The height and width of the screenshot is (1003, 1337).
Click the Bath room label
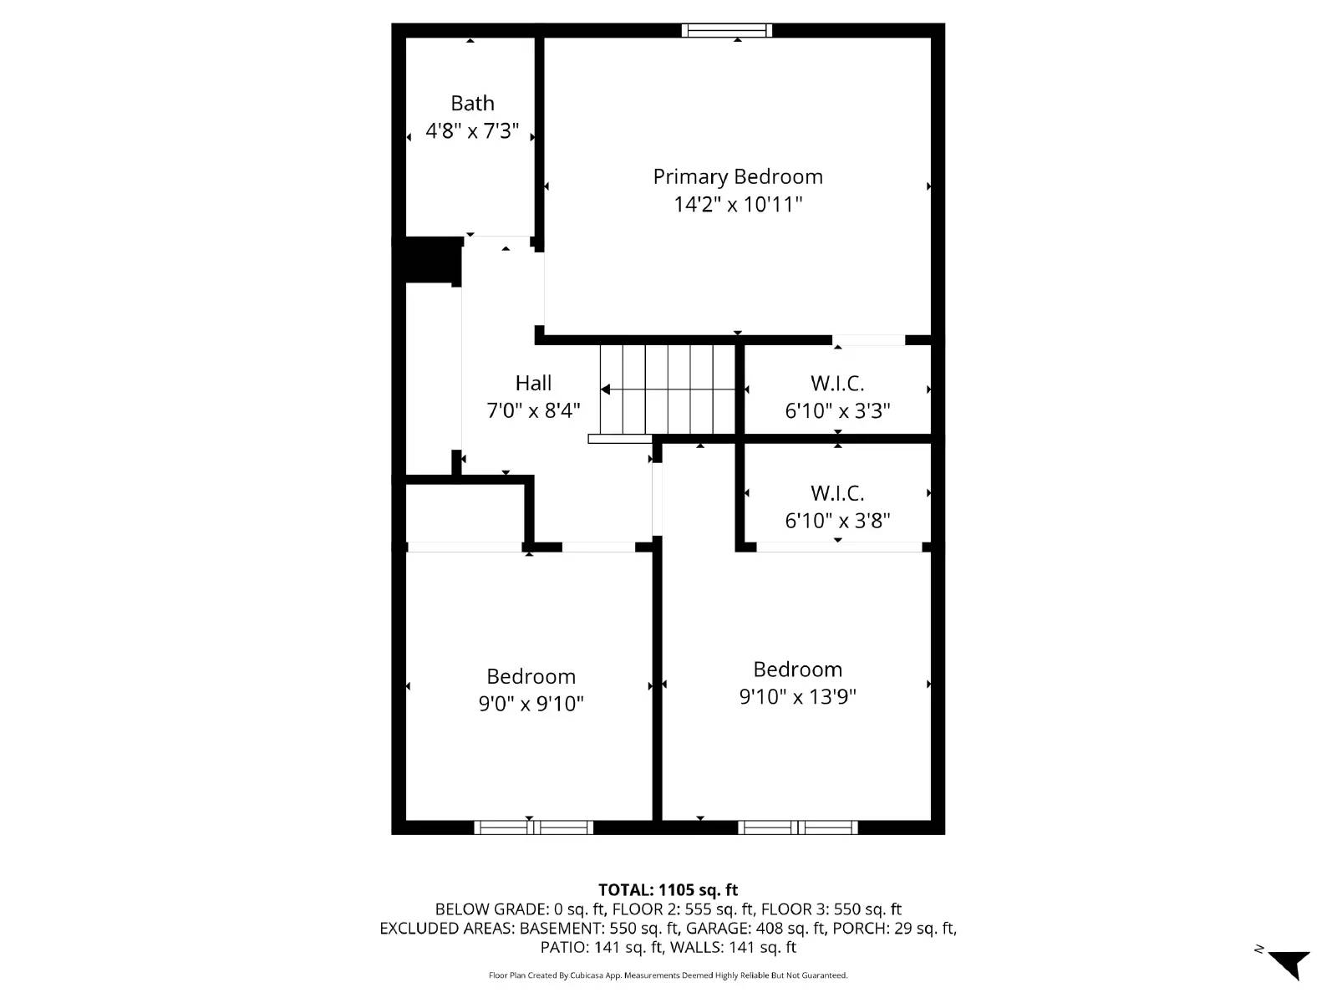(x=472, y=104)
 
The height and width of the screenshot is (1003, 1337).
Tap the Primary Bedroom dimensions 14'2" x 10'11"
(x=738, y=204)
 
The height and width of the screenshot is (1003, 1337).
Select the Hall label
(x=533, y=383)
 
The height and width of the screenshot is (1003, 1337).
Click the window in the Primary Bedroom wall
(x=726, y=31)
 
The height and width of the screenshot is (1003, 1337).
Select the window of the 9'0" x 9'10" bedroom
(x=534, y=827)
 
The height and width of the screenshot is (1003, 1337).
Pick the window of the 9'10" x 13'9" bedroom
(x=797, y=827)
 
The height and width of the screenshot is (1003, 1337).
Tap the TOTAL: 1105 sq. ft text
(x=668, y=890)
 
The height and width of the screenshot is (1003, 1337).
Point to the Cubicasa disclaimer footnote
(x=668, y=975)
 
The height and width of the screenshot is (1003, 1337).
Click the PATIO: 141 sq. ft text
(x=601, y=948)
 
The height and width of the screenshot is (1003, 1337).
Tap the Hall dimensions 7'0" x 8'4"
(x=533, y=410)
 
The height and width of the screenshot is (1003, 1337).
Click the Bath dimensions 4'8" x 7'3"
(x=472, y=131)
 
